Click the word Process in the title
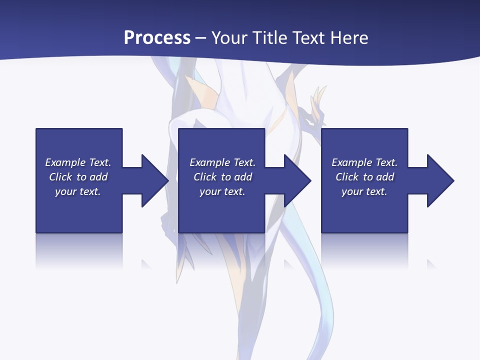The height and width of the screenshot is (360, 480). coord(157,38)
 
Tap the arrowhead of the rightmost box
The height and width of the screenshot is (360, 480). coord(439,180)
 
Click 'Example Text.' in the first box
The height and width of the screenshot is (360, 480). coord(78,162)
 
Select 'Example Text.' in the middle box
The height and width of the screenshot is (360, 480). coord(222,162)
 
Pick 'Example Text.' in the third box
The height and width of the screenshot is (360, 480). coord(364,162)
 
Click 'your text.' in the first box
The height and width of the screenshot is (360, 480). coord(78,191)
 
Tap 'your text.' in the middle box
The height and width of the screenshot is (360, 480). coord(222,191)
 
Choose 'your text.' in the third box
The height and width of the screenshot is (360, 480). coord(364,191)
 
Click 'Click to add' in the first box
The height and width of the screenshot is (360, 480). coord(78,177)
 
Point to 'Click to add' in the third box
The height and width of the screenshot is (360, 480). coord(365,177)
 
